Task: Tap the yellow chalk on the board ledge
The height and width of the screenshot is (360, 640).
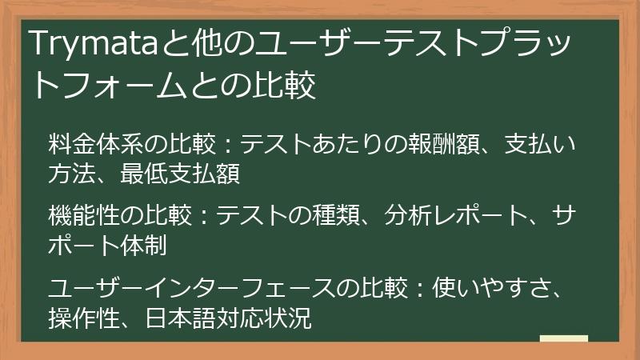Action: tap(563, 338)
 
